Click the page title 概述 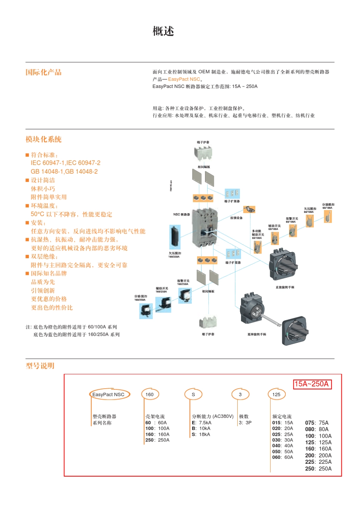point(163,31)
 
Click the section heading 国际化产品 point(43,72)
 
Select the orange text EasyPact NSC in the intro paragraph point(184,79)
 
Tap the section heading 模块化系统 point(43,139)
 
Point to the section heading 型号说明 point(40,366)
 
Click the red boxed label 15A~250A point(312,384)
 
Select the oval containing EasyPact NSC point(109,394)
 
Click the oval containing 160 point(150,394)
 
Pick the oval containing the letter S point(193,394)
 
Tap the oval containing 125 point(276,394)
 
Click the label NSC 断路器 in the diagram point(182,214)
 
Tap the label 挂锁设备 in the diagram point(236,218)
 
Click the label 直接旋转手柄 point(285,287)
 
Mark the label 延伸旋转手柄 point(257,334)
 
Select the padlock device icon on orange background point(249,209)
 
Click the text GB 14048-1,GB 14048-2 point(64,171)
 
